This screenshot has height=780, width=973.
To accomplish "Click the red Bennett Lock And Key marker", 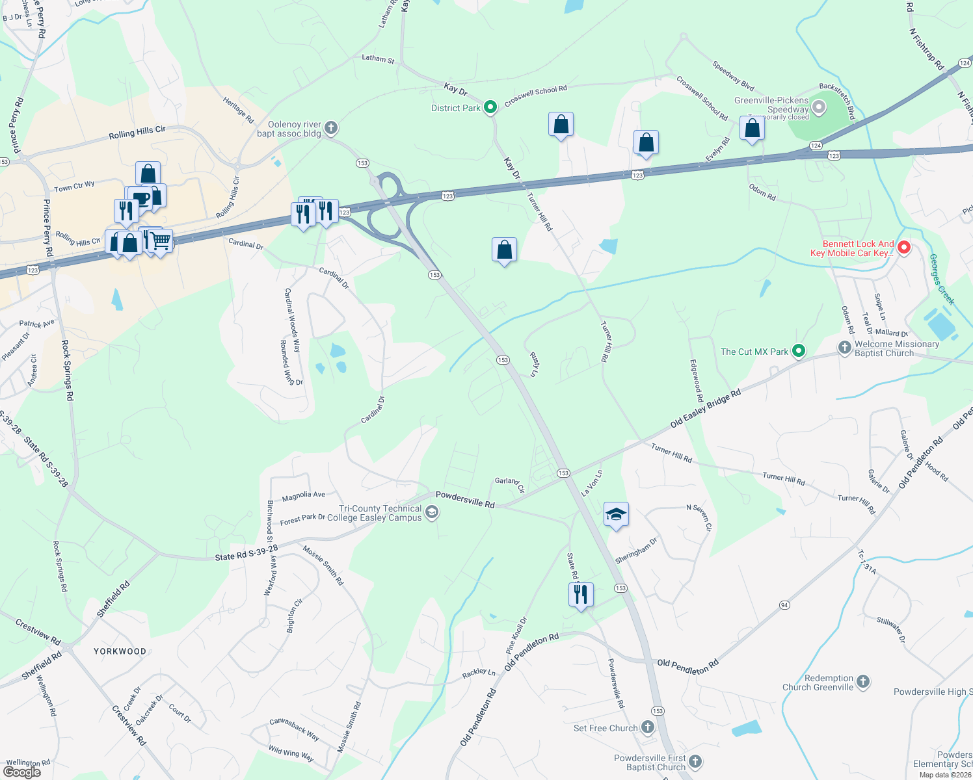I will [x=903, y=248].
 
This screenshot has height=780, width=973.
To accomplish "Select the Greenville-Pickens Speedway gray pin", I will [x=819, y=107].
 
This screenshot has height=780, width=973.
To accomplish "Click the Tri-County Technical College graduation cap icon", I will [x=431, y=513].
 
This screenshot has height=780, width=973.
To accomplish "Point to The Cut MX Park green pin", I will [x=799, y=352].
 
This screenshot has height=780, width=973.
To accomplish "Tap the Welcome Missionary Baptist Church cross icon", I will [x=844, y=348].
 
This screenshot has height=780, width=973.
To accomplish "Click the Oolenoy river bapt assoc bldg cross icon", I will [x=331, y=127].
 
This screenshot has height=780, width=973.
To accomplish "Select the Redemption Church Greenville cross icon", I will [x=863, y=682].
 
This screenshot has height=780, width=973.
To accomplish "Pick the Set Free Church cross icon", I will [x=648, y=727].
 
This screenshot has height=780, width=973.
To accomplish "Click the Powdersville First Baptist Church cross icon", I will [x=695, y=761].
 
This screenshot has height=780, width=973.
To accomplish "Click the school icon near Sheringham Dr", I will [x=615, y=515].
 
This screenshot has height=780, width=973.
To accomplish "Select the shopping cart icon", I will [x=161, y=242].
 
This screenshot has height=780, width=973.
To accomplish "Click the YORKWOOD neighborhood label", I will [x=120, y=651].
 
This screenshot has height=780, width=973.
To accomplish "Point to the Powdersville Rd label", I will [x=465, y=499].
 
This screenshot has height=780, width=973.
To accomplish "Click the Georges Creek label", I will [x=941, y=279].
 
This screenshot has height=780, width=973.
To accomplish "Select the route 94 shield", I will [x=784, y=605].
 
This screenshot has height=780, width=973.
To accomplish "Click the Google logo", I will [x=22, y=772].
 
